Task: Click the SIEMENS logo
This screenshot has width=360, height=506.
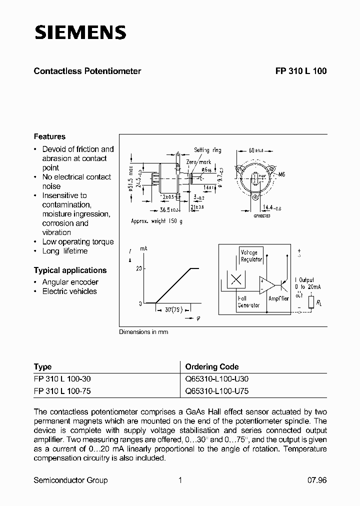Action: (80, 33)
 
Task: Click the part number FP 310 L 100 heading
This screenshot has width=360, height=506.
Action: (300, 71)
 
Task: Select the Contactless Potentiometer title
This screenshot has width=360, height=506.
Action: (87, 71)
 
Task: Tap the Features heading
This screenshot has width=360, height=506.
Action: (49, 136)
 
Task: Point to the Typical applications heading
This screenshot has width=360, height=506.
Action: (70, 270)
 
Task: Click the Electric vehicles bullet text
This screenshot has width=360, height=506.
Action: (69, 291)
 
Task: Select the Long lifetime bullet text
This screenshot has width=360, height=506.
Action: (65, 251)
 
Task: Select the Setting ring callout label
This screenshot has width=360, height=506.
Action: (207, 150)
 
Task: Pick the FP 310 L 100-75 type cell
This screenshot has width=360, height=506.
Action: (62, 391)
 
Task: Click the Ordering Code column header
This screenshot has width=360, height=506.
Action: (212, 366)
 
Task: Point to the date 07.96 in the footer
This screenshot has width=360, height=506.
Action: (316, 480)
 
